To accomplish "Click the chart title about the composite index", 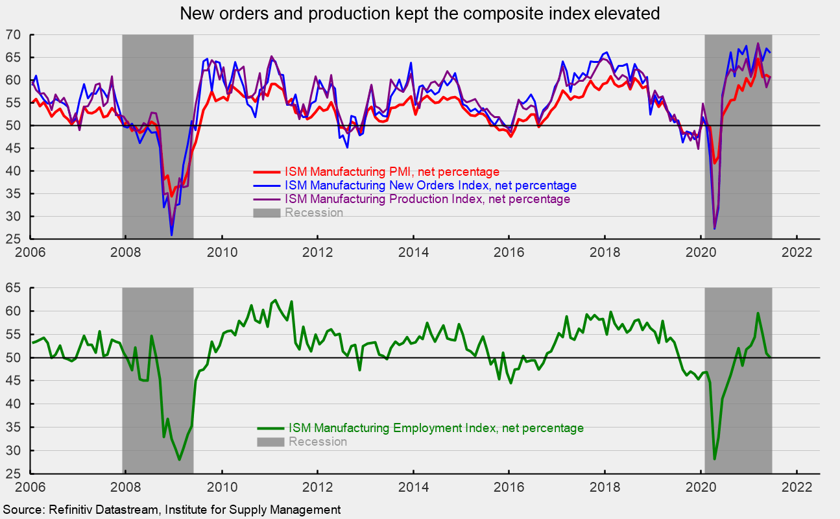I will point(420,14).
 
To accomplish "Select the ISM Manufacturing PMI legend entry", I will point(392,172).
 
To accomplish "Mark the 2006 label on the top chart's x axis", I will point(30,252).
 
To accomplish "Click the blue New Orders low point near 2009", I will point(172,235).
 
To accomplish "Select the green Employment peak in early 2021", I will point(758,313).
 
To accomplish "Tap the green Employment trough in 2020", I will point(715,459).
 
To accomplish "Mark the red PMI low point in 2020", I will point(715,163).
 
